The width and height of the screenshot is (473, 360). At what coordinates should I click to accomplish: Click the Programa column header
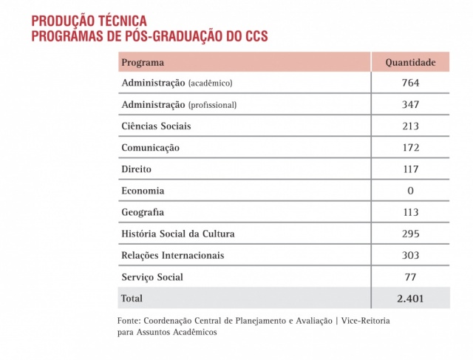pos(143,62)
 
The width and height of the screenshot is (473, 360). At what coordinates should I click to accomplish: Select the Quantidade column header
pos(410,62)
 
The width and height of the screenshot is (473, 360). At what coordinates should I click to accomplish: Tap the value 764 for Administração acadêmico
pos(410,83)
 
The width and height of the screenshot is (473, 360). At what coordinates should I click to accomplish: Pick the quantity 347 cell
pos(410,104)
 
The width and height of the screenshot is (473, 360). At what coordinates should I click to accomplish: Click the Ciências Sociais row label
pos(156,126)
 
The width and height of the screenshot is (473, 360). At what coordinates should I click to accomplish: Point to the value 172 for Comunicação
pos(410,148)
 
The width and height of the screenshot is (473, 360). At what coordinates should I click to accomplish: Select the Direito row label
pos(137,169)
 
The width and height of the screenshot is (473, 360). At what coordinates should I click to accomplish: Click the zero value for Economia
pos(410,191)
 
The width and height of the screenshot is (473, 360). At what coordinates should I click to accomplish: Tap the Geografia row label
pos(143,212)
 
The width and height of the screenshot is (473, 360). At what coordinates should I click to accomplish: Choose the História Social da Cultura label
pos(178,234)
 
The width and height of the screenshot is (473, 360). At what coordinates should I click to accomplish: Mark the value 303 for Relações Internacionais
pos(410,255)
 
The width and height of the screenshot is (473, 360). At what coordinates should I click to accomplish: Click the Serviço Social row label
pos(152,277)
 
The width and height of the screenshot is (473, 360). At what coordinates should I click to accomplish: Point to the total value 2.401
pos(410,299)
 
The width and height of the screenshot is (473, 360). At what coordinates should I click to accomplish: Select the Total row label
pos(132,299)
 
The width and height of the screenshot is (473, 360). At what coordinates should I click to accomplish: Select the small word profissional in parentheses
pos(213,105)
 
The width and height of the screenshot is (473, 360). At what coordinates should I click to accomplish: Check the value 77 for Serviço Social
pos(410,277)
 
